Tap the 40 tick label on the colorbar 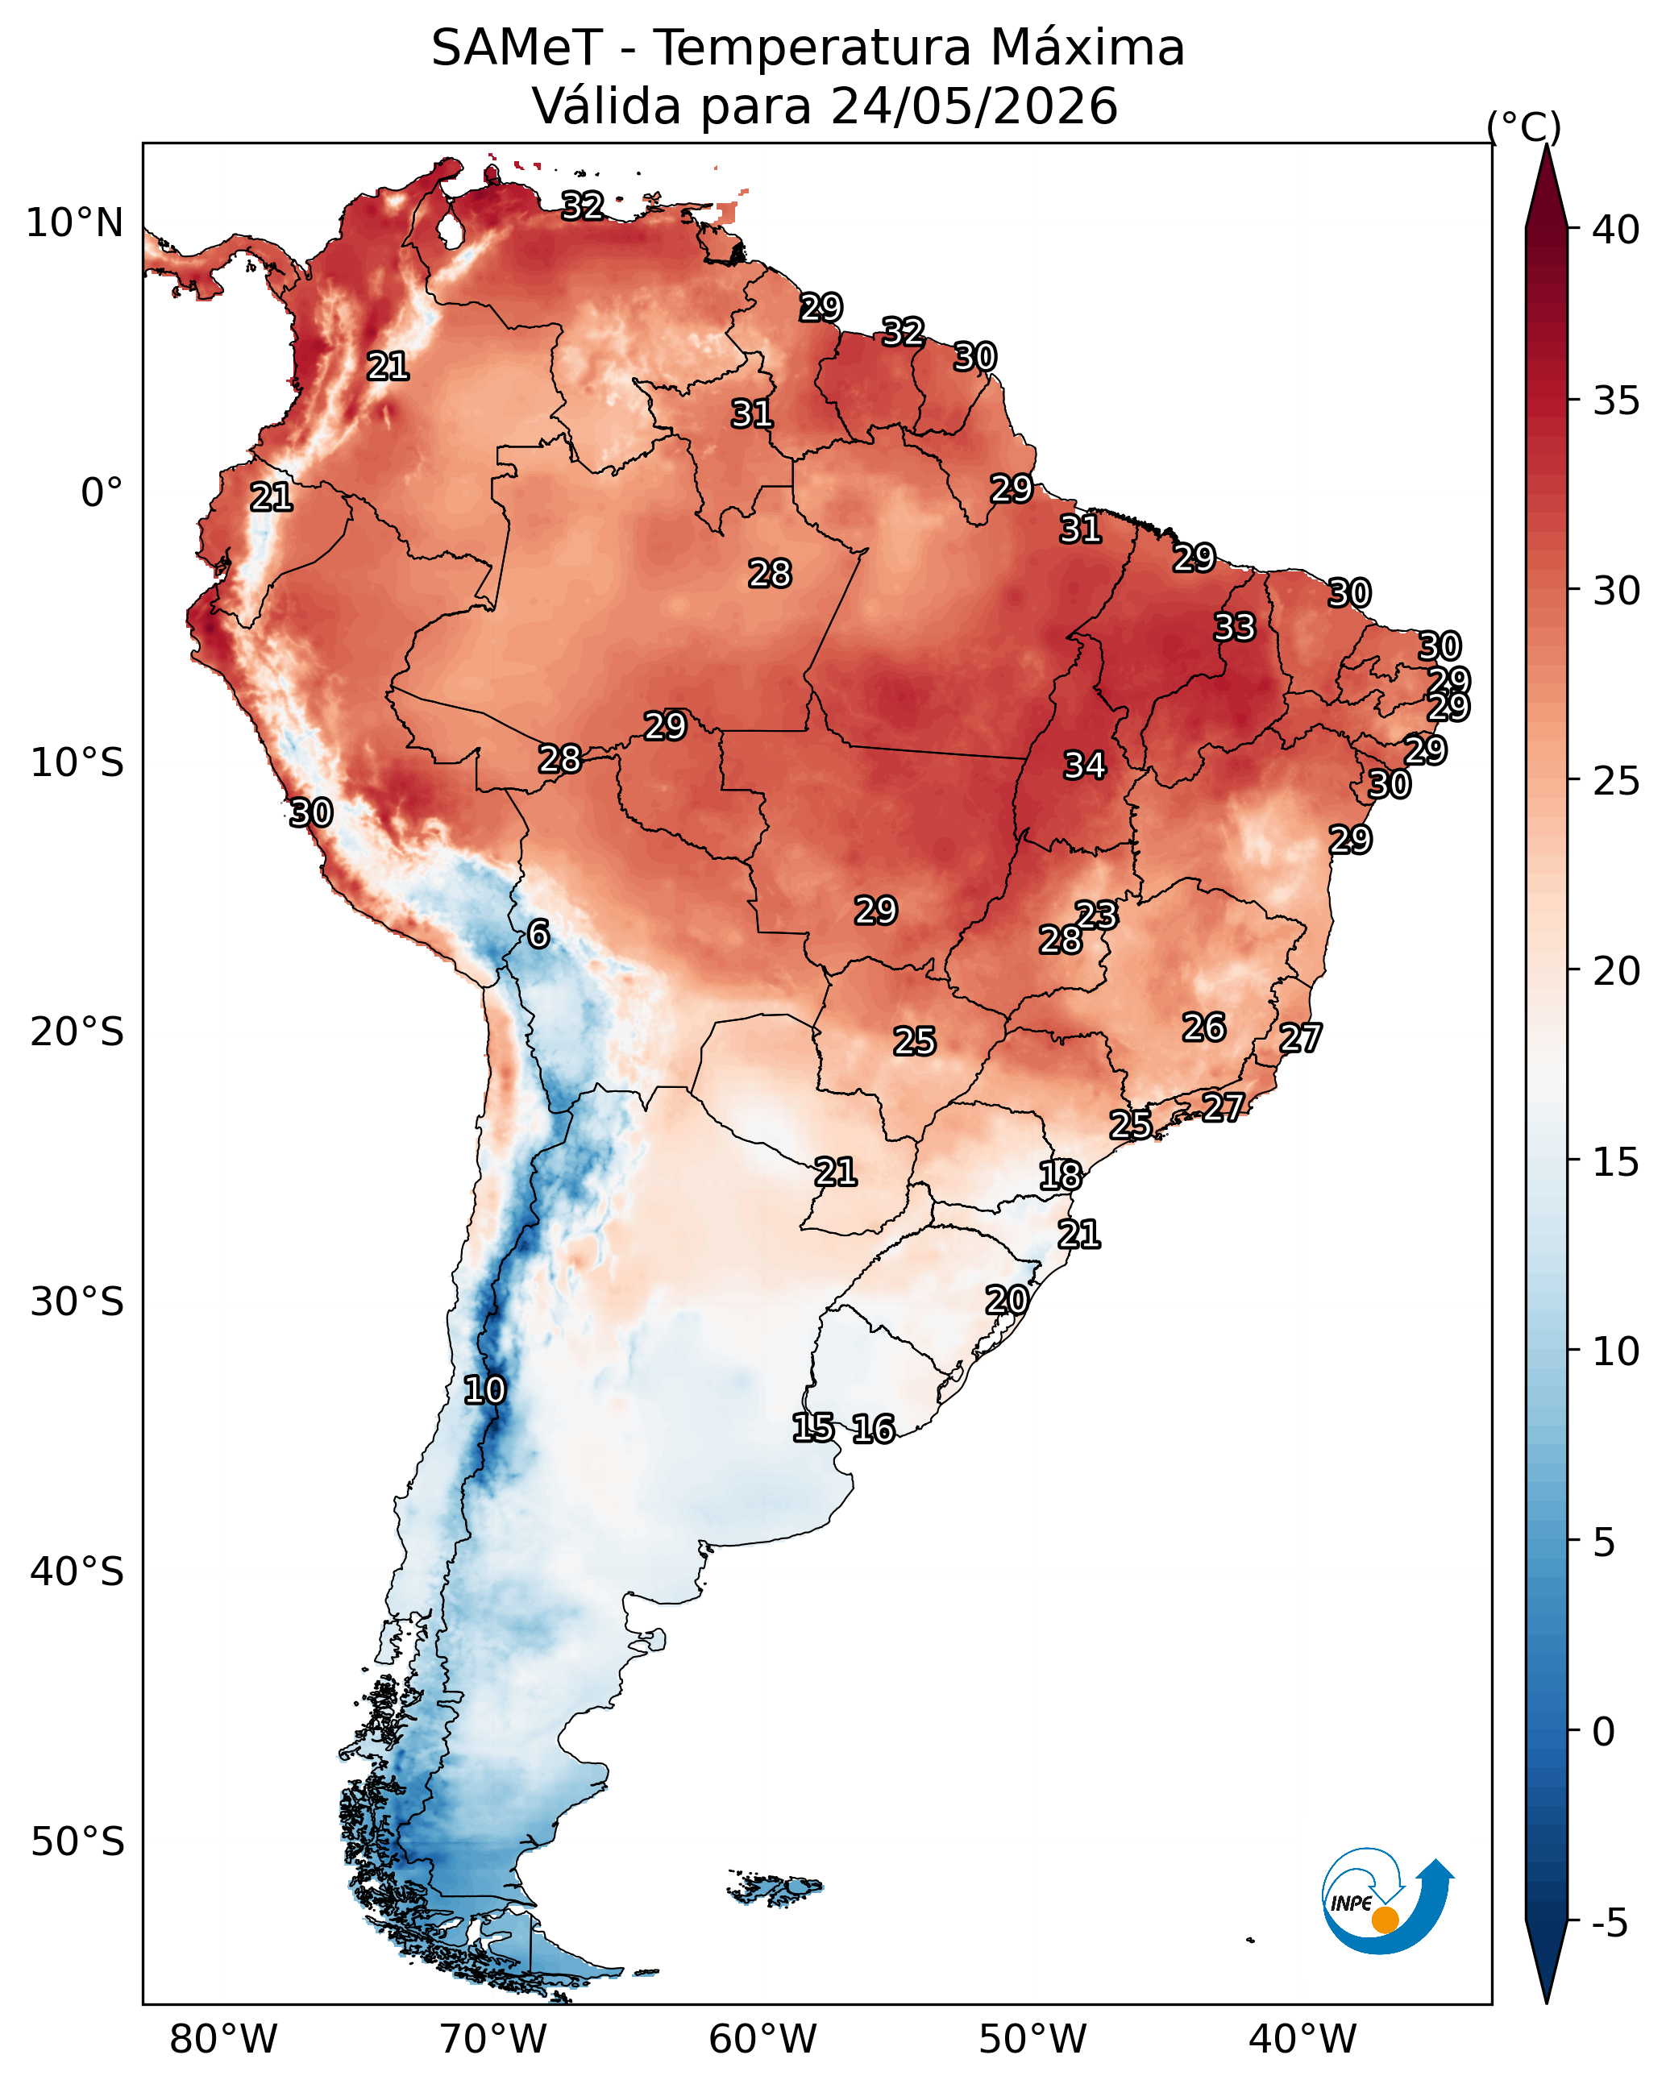[1616, 230]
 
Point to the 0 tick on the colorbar [1604, 1731]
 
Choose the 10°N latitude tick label [74, 223]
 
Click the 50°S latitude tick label [77, 1841]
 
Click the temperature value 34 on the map [1085, 765]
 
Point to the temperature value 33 [1235, 626]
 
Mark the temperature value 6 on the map [538, 934]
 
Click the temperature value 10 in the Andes [484, 1390]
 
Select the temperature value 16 [873, 1429]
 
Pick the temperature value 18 [1061, 1176]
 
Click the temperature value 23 [1096, 915]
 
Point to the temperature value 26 [1204, 1027]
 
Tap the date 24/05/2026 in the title [974, 106]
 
